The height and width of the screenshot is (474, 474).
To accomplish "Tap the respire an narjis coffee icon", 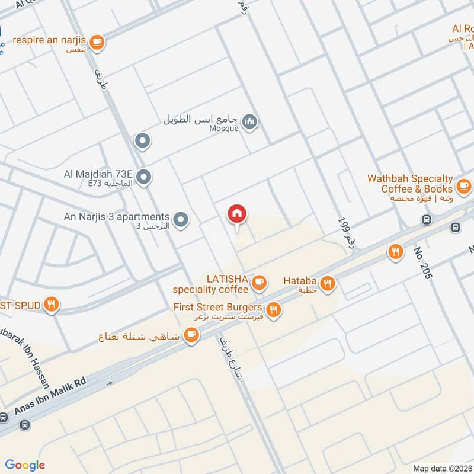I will (x=98, y=42).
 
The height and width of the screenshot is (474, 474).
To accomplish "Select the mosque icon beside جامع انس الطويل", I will (x=251, y=123).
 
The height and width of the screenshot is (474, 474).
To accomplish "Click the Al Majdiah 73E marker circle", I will (x=143, y=177).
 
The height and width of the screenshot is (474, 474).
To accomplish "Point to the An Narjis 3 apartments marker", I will (x=182, y=219).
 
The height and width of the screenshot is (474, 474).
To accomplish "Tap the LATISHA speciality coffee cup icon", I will (x=258, y=283).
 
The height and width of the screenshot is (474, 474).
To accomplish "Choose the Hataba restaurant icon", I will (x=328, y=284).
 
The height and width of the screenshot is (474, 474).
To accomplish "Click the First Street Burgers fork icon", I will (x=273, y=309).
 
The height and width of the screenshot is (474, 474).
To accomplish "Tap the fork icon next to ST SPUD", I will (x=53, y=305).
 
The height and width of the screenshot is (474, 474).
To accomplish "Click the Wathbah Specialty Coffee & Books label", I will (x=410, y=184).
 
